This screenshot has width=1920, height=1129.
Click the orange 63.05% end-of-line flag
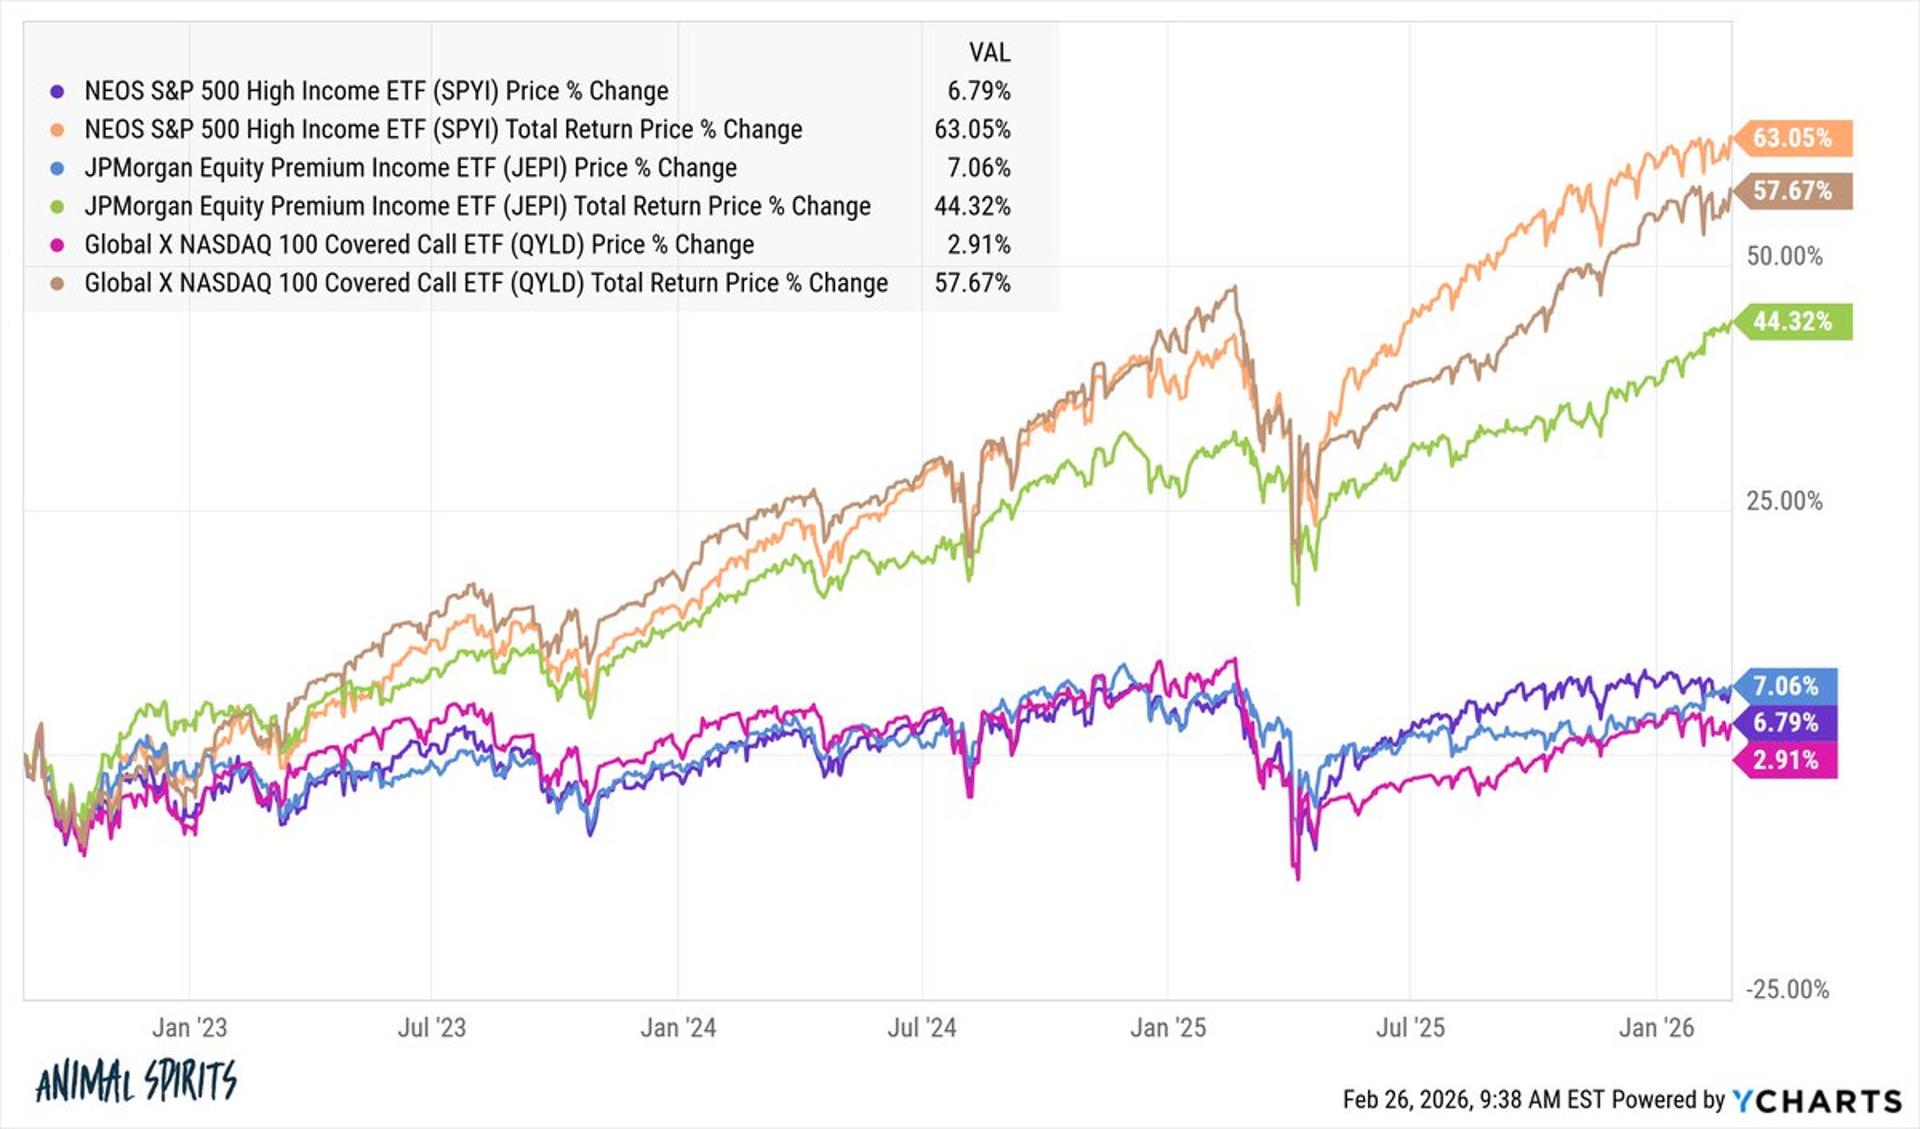pyautogui.click(x=1792, y=138)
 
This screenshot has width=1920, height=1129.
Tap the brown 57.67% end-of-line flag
pyautogui.click(x=1792, y=191)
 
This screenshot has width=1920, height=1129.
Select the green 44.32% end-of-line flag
pyautogui.click(x=1792, y=322)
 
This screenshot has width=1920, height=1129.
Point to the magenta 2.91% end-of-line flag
pyautogui.click(x=1785, y=760)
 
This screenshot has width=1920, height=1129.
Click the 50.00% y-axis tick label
pyautogui.click(x=1784, y=256)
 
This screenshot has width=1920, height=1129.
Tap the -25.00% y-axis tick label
pyautogui.click(x=1787, y=989)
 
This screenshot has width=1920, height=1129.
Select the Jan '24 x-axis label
pyautogui.click(x=678, y=1027)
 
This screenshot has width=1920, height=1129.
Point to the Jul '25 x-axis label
pyautogui.click(x=1410, y=1027)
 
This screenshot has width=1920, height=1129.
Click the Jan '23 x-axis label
pyautogui.click(x=189, y=1027)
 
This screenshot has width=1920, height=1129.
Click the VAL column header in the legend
pyautogui.click(x=989, y=52)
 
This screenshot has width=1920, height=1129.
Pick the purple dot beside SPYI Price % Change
pyautogui.click(x=58, y=91)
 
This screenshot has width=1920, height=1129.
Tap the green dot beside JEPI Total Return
pyautogui.click(x=58, y=207)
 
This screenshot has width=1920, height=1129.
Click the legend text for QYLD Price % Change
pyautogui.click(x=419, y=245)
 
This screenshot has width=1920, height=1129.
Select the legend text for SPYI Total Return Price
pyautogui.click(x=443, y=129)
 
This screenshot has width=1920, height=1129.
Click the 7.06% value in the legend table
pyautogui.click(x=978, y=168)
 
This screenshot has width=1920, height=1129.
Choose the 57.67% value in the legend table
pyautogui.click(x=972, y=283)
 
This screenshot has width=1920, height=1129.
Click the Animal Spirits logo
pyautogui.click(x=136, y=1080)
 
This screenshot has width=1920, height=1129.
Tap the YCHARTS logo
pyautogui.click(x=1816, y=1101)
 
